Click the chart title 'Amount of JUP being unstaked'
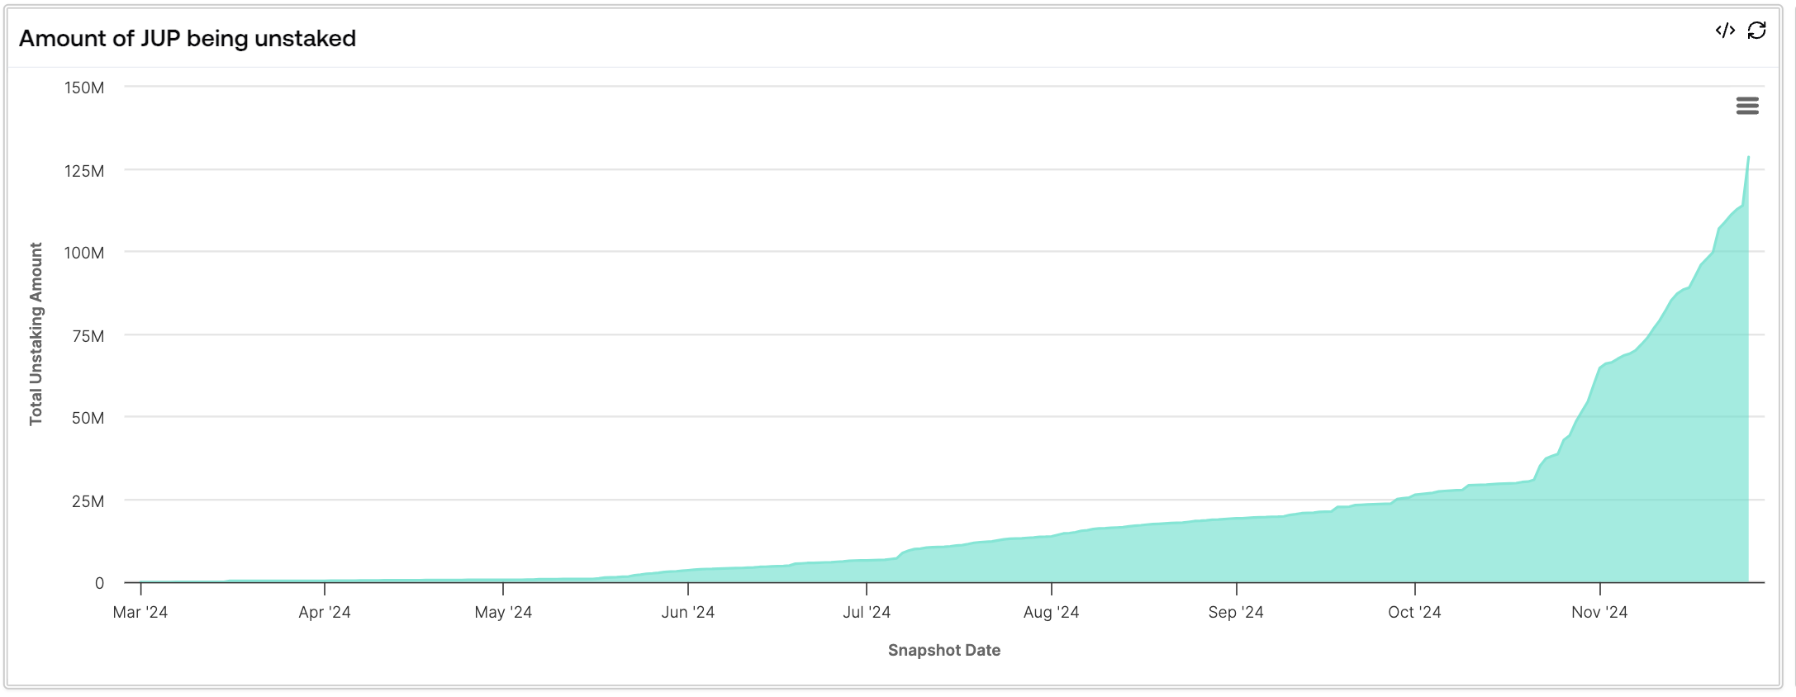coord(188,38)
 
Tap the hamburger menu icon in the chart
coord(1747,106)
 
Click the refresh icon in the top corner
coord(1757,31)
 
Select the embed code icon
coord(1725,31)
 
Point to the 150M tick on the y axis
coord(84,88)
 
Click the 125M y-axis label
coord(84,171)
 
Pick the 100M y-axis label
coord(84,253)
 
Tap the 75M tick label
coord(88,336)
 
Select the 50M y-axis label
coord(88,418)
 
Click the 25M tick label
coord(88,501)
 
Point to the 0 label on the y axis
coord(99,583)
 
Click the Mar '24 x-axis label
coord(140,612)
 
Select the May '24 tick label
coord(503,612)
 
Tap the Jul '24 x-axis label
coord(867,612)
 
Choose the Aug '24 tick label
coord(1051,612)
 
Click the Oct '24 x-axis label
coord(1414,612)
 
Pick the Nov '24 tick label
coord(1599,612)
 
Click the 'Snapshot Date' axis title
coord(944,650)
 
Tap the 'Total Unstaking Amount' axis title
coord(36,334)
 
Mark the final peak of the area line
coord(1748,157)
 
